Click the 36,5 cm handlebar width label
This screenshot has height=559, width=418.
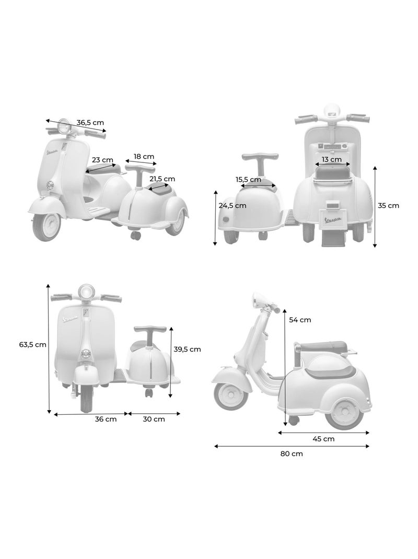[90, 123]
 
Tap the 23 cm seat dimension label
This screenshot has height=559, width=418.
[103, 160]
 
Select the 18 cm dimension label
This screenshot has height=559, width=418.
[144, 156]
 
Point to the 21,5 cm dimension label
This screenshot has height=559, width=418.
[162, 179]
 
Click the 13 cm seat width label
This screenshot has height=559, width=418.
[331, 159]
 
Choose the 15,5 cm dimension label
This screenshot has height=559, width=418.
[248, 180]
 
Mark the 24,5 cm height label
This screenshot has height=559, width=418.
[233, 205]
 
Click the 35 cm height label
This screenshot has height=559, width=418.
[388, 205]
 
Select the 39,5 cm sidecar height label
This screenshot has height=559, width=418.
[187, 349]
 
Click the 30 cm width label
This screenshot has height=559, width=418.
[154, 419]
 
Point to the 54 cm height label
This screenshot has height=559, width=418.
[300, 320]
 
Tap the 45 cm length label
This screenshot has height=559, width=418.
[323, 439]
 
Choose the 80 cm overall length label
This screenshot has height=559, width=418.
[292, 453]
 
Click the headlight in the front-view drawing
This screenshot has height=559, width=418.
[86, 291]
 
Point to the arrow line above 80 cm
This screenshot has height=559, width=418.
[292, 446]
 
